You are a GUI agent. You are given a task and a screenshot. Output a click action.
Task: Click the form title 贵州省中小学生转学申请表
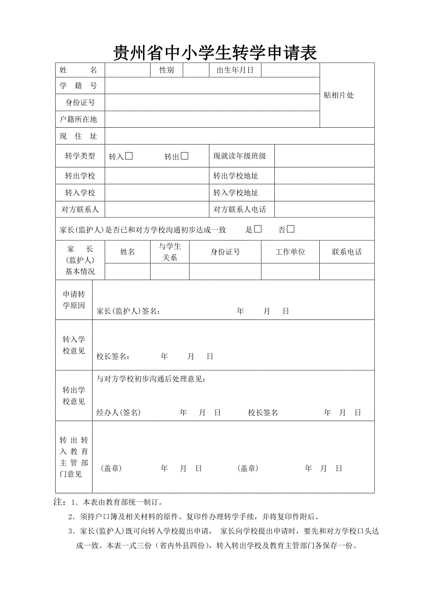215,52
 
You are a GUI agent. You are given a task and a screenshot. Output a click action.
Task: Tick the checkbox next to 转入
129,156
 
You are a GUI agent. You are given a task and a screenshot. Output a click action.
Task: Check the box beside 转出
185,156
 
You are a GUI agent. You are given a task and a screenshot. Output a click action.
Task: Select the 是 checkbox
258,229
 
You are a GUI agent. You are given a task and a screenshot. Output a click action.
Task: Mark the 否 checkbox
291,229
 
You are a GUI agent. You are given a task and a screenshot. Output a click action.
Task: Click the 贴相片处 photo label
339,95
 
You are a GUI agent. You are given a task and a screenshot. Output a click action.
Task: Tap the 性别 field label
167,70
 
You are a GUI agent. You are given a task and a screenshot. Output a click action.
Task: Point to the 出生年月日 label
235,70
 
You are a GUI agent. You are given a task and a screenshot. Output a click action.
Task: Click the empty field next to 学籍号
212,86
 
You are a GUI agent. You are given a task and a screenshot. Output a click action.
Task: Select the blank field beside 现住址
239,136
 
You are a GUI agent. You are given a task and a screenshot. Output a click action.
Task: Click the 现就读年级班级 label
240,156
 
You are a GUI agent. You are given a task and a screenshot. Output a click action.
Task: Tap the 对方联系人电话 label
240,210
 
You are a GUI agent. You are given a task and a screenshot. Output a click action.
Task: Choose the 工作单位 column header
290,252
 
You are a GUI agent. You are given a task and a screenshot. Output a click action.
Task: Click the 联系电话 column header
347,252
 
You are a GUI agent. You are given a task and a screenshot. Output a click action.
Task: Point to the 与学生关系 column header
170,252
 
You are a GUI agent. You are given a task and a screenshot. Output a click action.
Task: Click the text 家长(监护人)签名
128,312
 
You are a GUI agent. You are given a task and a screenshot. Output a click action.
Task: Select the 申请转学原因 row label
74,300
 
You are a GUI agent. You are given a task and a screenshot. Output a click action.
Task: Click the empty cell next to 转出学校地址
324,176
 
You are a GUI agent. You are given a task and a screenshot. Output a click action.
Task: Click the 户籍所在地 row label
79,119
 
